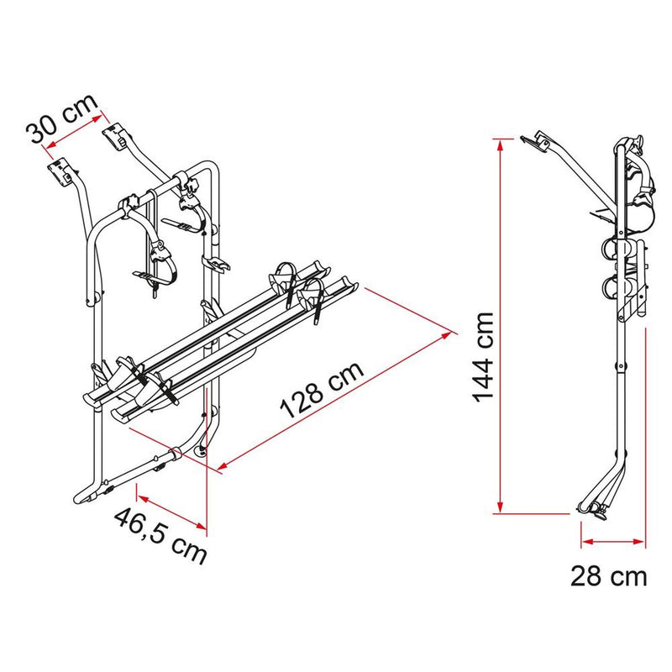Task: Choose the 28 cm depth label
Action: (x=609, y=576)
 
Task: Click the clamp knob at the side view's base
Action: (x=597, y=509)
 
